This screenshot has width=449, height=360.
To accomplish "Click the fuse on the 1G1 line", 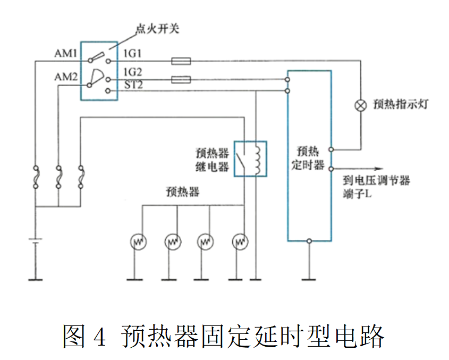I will click(181, 61).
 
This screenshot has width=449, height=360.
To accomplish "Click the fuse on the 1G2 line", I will click(181, 80).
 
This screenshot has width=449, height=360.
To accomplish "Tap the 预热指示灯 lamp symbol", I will click(360, 105).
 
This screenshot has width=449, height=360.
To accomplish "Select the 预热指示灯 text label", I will click(401, 104).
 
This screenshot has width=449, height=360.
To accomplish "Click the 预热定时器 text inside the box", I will click(309, 157).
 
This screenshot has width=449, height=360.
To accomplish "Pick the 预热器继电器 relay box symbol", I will click(251, 158).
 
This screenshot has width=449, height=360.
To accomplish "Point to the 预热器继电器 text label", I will click(212, 160).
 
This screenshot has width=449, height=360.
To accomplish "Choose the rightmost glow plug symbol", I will click(240, 242).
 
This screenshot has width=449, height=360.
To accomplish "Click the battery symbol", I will click(35, 244).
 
